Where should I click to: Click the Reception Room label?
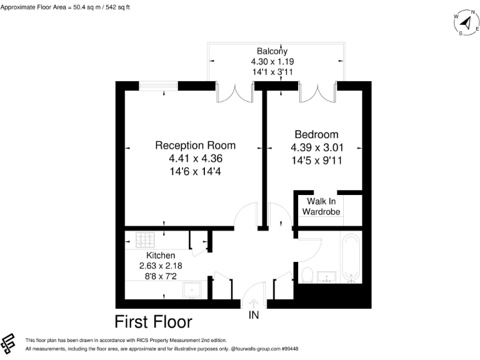[188, 145]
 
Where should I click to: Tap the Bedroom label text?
[316, 134]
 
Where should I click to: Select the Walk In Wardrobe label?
[321, 206]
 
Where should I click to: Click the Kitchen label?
[161, 255]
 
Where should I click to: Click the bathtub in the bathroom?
[351, 257]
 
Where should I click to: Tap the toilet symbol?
[307, 274]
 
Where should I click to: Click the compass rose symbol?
[464, 24]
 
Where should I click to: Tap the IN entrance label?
[254, 316]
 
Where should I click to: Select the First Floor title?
[153, 322]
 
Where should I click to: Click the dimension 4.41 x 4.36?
[188, 158]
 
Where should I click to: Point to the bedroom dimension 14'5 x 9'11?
[316, 160]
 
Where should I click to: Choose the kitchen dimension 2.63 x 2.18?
[161, 266]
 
